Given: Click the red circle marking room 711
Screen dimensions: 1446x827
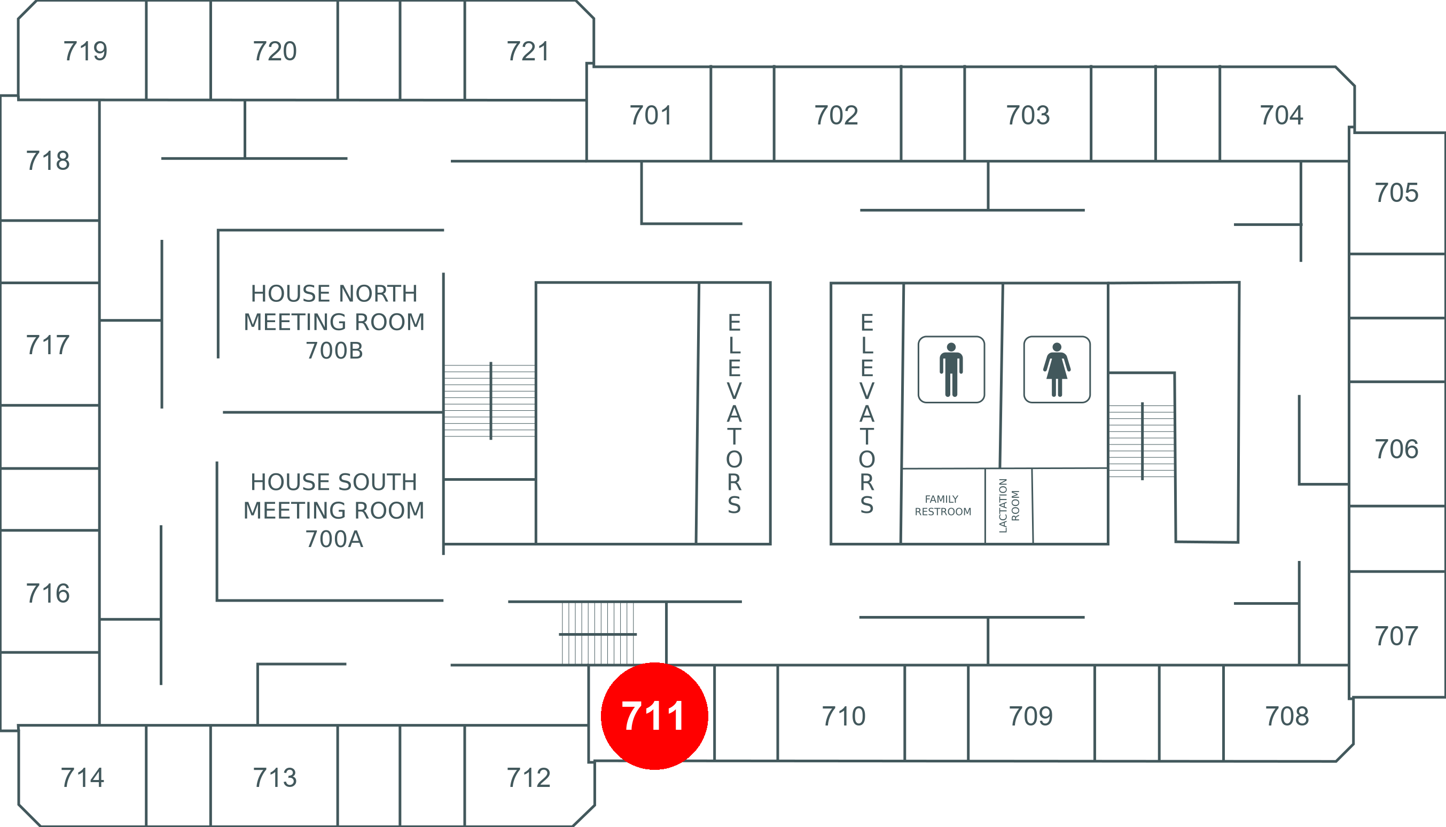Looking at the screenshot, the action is pyautogui.click(x=654, y=716).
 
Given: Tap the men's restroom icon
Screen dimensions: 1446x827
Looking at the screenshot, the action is pyautogui.click(x=951, y=369).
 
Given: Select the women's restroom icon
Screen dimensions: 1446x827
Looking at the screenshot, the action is pyautogui.click(x=1057, y=369).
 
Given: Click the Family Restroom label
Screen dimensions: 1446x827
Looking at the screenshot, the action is pyautogui.click(x=943, y=505).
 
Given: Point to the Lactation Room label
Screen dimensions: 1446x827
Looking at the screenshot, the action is pyautogui.click(x=1009, y=505).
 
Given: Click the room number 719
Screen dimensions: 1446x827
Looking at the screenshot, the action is pyautogui.click(x=85, y=51).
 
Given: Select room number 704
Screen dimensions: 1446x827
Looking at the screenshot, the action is pyautogui.click(x=1281, y=115).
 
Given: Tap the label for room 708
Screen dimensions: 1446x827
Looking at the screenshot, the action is pyautogui.click(x=1287, y=716).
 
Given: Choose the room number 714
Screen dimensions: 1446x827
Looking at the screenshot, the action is pyautogui.click(x=82, y=778).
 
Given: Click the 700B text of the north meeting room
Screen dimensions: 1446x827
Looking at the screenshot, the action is pyautogui.click(x=334, y=351).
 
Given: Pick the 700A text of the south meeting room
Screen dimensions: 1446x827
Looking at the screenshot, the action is pyautogui.click(x=334, y=539).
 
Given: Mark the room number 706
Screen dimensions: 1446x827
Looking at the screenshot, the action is pyautogui.click(x=1396, y=449).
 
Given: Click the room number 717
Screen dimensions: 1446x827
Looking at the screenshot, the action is pyautogui.click(x=48, y=345).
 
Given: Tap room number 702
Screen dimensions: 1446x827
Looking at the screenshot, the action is pyautogui.click(x=836, y=115).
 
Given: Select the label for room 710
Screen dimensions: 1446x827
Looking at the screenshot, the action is pyautogui.click(x=844, y=716).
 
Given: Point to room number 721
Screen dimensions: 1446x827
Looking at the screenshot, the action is pyautogui.click(x=528, y=51).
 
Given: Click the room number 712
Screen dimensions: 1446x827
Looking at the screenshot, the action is pyautogui.click(x=529, y=778).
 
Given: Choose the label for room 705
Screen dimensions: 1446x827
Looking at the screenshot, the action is pyautogui.click(x=1396, y=193).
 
